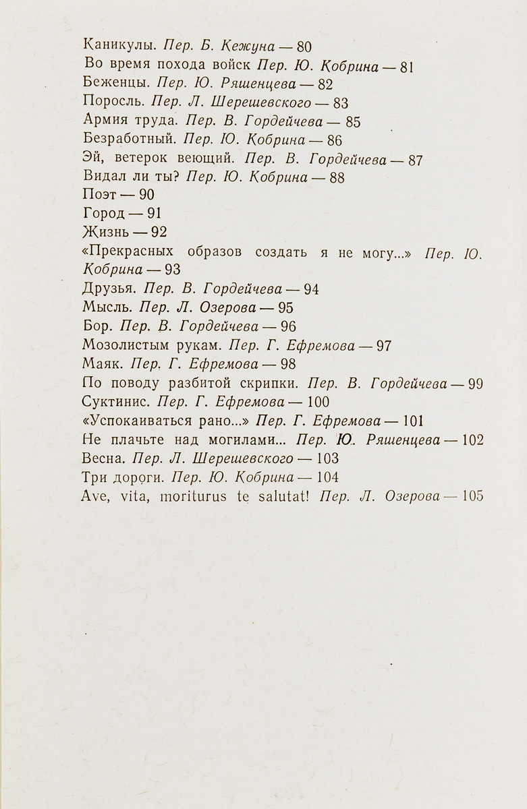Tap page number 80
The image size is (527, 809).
click(304, 47)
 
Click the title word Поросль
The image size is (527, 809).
click(113, 103)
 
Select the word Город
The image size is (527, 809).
click(103, 214)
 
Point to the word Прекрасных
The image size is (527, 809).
click(141, 252)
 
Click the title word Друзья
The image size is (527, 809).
click(108, 289)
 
